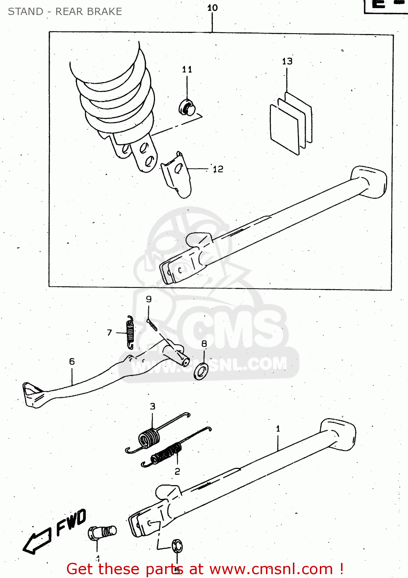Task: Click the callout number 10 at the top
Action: [x=212, y=8]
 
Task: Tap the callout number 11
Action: [x=187, y=69]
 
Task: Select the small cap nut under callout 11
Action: [x=186, y=108]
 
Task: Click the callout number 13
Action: [x=287, y=61]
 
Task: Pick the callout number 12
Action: [x=218, y=169]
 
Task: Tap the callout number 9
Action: [x=149, y=299]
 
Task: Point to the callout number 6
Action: [x=72, y=361]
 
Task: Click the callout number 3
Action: [x=152, y=406]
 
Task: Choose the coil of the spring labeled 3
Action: [x=149, y=438]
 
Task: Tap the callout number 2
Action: [x=177, y=471]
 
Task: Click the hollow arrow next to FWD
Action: [x=37, y=541]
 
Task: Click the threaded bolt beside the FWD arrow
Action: [x=102, y=533]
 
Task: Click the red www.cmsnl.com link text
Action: [x=271, y=569]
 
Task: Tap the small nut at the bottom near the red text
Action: [x=177, y=546]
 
